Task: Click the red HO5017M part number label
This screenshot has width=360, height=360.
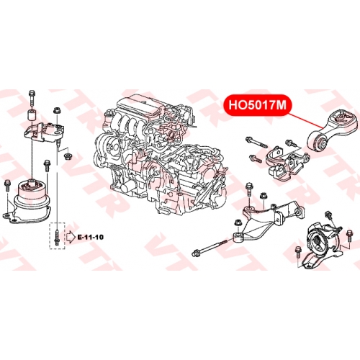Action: [258, 105]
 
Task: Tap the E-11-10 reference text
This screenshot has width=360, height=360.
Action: [90, 237]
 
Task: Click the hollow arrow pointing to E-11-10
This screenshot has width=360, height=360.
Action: [71, 237]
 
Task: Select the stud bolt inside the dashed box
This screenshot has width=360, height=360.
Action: [57, 238]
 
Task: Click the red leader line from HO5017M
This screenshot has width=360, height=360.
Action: [305, 120]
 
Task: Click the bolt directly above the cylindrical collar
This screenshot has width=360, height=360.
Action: [32, 98]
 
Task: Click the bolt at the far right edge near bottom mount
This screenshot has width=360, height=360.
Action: [349, 237]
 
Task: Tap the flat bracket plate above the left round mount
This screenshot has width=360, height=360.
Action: [44, 132]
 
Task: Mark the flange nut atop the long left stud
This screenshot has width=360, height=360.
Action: [57, 111]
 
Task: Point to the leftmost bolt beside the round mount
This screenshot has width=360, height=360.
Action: [7, 185]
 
